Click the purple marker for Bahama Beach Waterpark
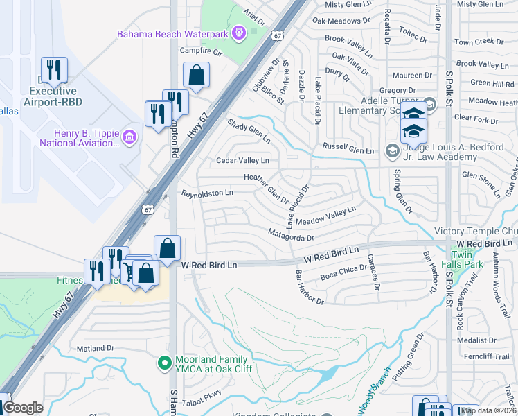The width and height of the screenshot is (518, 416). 240,32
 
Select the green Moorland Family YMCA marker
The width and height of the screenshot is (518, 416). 165,363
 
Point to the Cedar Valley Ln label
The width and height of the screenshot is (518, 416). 242,161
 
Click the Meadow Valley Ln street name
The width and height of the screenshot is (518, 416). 325,216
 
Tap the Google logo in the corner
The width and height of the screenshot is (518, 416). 24,408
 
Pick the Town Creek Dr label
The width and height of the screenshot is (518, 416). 479,42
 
